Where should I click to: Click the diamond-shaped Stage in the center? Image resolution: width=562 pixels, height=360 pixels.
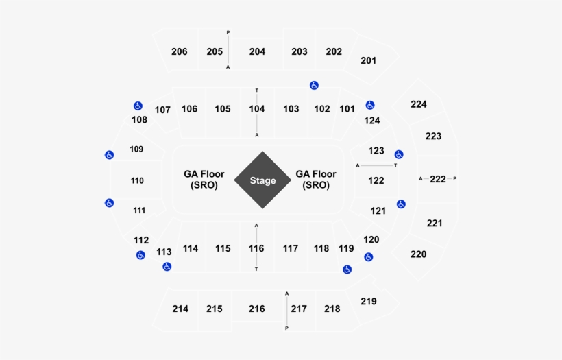tap(262, 180)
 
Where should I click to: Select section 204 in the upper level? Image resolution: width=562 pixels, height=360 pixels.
tap(257, 51)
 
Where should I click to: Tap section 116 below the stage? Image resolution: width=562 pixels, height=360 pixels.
tap(256, 248)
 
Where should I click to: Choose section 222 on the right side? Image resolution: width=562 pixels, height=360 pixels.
tap(438, 179)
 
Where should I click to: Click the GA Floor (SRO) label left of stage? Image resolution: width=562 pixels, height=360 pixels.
tap(204, 180)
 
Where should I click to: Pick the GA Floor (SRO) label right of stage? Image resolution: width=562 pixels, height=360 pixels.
tap(316, 180)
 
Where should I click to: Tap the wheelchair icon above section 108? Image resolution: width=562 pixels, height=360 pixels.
tap(138, 106)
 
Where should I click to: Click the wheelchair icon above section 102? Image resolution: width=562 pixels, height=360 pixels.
tap(314, 85)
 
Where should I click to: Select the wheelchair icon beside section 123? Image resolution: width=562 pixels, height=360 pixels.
tap(399, 154)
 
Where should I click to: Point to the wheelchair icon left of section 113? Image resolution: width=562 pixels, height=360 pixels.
tap(167, 266)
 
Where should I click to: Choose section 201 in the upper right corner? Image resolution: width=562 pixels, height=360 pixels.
tap(369, 60)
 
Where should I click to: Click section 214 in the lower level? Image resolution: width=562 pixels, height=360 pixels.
tap(180, 309)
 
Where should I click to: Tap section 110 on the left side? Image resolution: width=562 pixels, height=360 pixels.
tap(137, 180)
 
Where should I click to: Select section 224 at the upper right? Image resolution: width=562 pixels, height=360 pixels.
tap(419, 104)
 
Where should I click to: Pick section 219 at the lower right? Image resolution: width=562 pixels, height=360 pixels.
tap(369, 301)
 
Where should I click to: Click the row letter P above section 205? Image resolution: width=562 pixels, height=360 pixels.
tap(228, 32)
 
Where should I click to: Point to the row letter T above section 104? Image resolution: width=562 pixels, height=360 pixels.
tap(257, 91)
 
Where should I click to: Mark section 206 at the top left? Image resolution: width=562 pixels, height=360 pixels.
tap(180, 51)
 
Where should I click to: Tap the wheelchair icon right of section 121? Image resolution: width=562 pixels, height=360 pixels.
tap(401, 204)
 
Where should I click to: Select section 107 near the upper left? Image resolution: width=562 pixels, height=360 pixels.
tap(162, 110)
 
